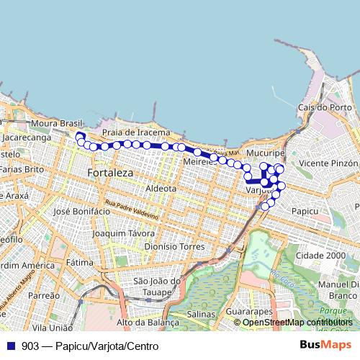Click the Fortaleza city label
pos(109,174)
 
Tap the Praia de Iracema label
pos(136,132)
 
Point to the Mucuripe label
pos(266,154)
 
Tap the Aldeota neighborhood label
pos(161,188)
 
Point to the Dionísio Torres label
pos(175,246)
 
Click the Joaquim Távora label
pos(125,233)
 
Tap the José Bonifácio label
pos(81,212)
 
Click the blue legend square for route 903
pos(10,346)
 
